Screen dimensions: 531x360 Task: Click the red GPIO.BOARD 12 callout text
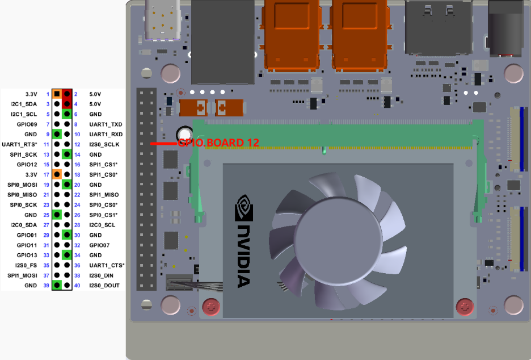(x=218, y=143)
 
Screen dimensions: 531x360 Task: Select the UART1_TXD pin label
(x=106, y=124)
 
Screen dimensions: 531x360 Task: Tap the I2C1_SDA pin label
(x=24, y=104)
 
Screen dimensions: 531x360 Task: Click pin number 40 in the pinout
(x=77, y=286)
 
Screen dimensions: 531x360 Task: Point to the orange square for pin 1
(x=57, y=94)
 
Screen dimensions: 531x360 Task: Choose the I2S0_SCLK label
(x=104, y=144)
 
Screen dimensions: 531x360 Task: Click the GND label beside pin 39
(x=31, y=286)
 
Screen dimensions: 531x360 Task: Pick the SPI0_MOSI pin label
(x=22, y=185)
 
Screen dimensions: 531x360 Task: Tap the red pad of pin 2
(x=67, y=94)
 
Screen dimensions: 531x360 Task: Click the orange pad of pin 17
(x=57, y=174)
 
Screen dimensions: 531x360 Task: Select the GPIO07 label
(x=99, y=245)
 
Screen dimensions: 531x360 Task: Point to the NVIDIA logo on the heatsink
(x=244, y=241)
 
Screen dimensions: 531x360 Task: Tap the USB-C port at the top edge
(x=162, y=20)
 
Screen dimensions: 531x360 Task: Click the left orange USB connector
(x=292, y=36)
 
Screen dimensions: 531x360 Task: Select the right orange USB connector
(x=360, y=36)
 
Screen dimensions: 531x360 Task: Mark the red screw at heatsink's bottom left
(x=211, y=307)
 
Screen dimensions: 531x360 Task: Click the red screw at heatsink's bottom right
(x=465, y=307)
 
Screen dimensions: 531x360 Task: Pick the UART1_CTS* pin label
(x=107, y=265)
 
